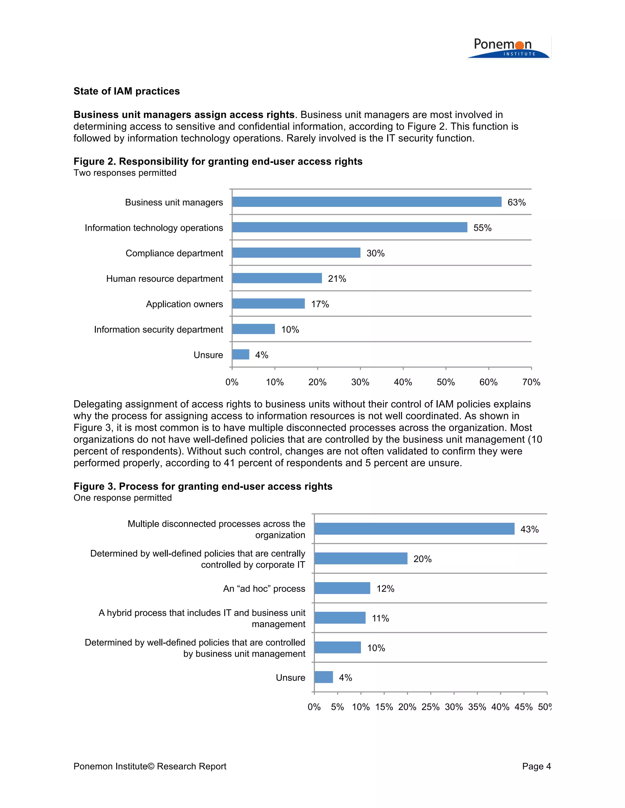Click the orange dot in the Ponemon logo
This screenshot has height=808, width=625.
coord(519,45)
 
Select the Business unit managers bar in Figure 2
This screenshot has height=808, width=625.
coord(367,202)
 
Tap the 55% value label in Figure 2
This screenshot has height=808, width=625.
coord(482,228)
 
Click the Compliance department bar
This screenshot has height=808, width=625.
coord(296,253)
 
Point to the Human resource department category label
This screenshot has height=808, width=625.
coord(164,279)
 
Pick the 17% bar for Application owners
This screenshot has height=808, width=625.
coord(269,304)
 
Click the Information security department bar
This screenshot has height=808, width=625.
coord(254,329)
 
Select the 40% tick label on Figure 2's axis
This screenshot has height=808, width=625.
coord(403,382)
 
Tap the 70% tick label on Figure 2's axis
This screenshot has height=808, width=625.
coord(531,382)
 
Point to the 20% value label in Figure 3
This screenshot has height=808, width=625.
coord(422,559)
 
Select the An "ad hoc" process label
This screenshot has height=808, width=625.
coord(264,588)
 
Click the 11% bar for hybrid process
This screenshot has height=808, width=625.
coord(340,618)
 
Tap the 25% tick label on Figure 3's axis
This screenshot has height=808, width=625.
coord(430,707)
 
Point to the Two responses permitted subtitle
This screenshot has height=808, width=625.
coord(125,173)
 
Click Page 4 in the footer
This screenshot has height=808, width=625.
coord(536,766)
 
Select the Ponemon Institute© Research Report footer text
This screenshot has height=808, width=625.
coord(150,766)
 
